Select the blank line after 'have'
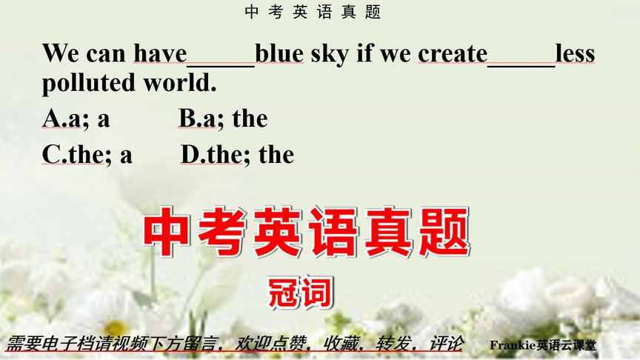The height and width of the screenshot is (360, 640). click(x=221, y=59)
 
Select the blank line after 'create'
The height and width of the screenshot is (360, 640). click(x=521, y=59)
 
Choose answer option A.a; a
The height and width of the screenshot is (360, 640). click(x=76, y=119)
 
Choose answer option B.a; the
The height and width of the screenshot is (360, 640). click(x=223, y=119)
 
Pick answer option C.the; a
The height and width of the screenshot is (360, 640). click(x=87, y=154)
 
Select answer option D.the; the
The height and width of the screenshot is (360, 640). click(x=237, y=154)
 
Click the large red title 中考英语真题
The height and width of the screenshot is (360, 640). click(x=307, y=232)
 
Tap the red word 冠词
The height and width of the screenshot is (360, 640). click(x=300, y=292)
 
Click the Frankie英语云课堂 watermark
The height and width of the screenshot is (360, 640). click(x=543, y=344)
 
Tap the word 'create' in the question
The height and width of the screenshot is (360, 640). click(x=453, y=54)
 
